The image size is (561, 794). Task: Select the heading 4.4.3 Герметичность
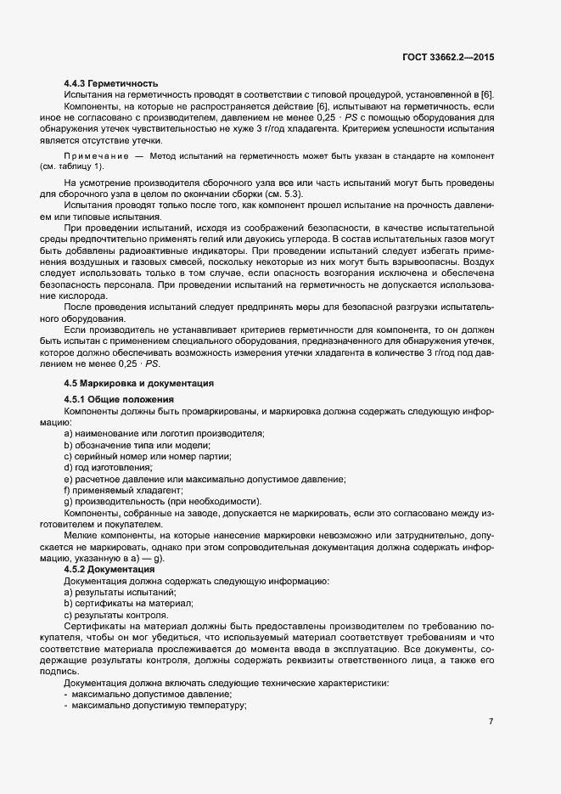[111, 83]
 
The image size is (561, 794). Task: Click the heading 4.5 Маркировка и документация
[138, 384]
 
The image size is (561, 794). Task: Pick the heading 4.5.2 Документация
[110, 569]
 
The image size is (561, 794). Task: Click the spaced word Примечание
[95, 155]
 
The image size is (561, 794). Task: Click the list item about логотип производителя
[164, 434]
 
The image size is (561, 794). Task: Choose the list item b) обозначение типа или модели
[137, 445]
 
